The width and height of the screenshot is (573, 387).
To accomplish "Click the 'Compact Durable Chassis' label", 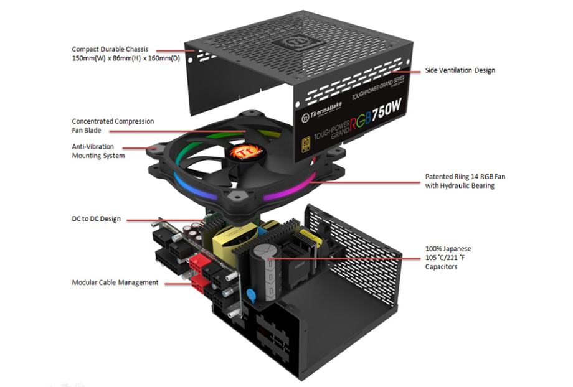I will coord(110,49).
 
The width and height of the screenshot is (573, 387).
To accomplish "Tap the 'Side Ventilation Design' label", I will coord(460,70).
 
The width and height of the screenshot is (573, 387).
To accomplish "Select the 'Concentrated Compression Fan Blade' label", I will coord(113,126).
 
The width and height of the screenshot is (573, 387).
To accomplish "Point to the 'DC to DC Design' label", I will coord(96,219).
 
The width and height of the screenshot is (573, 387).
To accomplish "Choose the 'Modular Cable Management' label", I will coord(115,282).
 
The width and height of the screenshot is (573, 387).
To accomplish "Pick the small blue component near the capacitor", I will coord(251,294).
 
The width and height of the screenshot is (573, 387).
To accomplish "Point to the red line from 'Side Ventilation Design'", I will coord(401,70).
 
